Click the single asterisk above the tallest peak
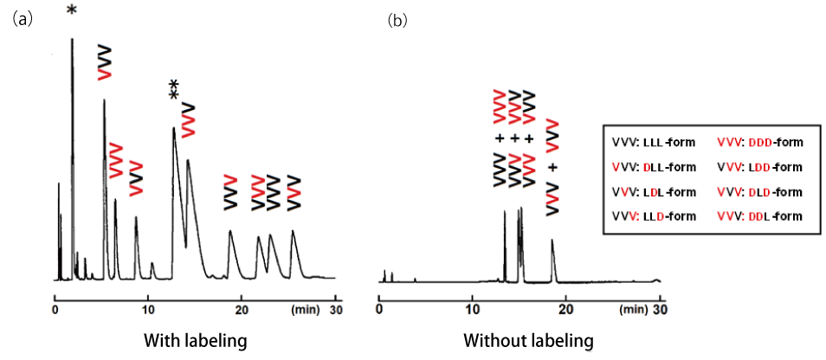click(x=71, y=12)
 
